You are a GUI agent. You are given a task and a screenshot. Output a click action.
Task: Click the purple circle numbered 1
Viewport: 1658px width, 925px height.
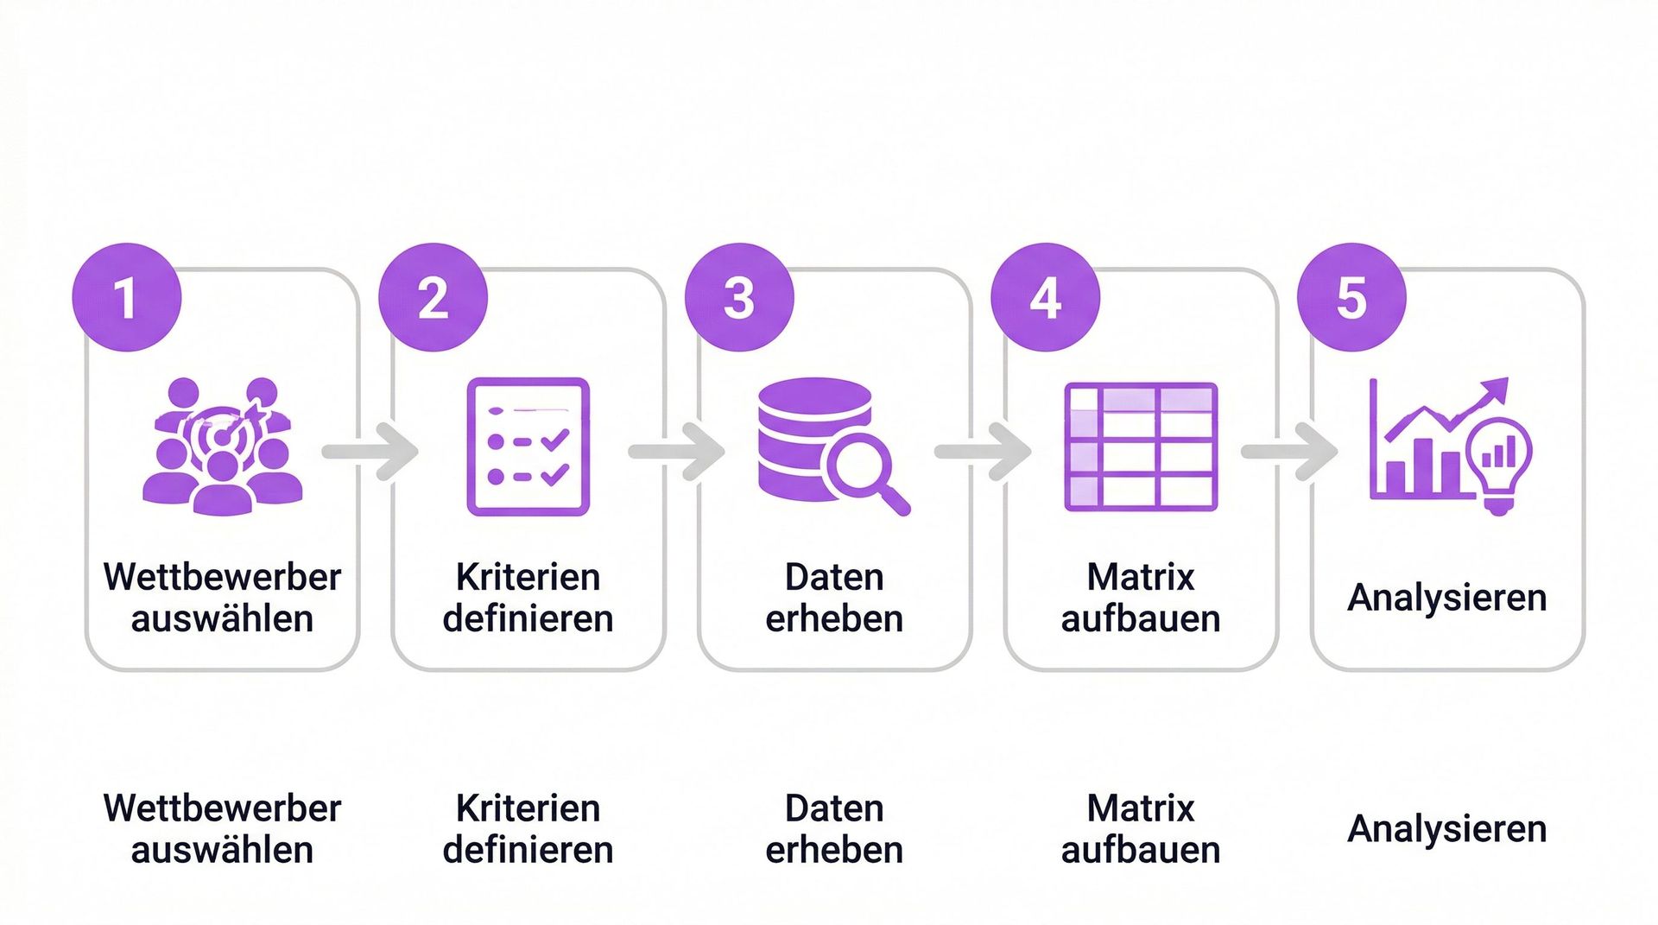point(127,298)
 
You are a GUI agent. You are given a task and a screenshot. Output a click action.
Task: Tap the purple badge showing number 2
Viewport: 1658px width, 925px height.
point(433,298)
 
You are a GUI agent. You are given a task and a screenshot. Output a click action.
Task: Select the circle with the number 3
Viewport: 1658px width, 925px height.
point(739,298)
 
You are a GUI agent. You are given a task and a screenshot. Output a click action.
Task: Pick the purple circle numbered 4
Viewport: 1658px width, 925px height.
point(1045,298)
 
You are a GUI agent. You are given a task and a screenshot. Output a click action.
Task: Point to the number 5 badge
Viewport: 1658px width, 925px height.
point(1351,298)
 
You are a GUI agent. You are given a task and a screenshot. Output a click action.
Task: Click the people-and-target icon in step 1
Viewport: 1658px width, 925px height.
point(222,447)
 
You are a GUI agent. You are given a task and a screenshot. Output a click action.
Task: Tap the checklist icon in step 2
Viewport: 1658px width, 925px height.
point(528,447)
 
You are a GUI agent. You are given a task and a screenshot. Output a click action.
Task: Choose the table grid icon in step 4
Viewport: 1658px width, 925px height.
point(1141,447)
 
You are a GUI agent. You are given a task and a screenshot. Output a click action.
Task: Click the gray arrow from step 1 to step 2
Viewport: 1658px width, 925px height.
point(371,451)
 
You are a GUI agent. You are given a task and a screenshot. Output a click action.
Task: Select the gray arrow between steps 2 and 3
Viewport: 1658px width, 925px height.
point(678,451)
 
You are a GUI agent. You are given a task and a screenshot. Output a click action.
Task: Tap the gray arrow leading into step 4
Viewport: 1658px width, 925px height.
point(984,451)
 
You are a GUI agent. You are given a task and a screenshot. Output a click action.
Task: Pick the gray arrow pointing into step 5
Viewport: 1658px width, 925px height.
point(1291,451)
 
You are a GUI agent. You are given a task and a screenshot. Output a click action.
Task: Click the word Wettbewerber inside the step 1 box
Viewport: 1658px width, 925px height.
point(222,577)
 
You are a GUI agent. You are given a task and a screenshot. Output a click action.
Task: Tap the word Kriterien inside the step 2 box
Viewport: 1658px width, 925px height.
point(528,577)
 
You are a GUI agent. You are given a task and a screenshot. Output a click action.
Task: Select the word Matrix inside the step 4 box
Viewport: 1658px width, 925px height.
point(1141,577)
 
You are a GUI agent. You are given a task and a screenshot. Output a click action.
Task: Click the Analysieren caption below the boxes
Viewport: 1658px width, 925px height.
point(1446,829)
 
